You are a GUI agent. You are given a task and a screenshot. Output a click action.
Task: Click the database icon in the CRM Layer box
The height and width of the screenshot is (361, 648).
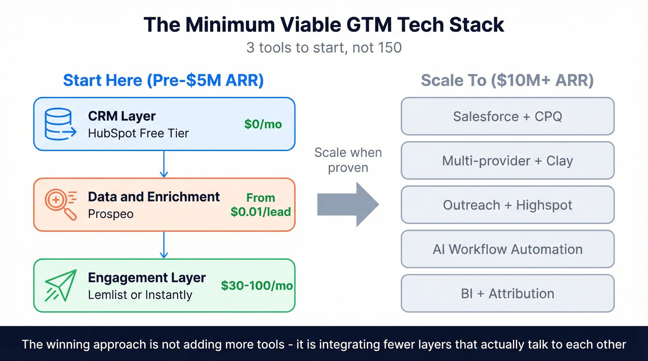tap(58, 123)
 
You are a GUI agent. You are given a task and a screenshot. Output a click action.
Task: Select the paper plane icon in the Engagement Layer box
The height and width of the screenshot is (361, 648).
tap(61, 285)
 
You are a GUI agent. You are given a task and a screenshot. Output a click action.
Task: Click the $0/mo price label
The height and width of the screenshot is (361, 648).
tap(263, 124)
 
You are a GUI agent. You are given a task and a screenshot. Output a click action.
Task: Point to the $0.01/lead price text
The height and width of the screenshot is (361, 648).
tap(261, 212)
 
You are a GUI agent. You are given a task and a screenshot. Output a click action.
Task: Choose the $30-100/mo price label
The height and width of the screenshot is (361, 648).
tap(257, 286)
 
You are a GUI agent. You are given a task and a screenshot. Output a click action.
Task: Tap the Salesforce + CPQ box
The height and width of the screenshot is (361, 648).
tap(507, 116)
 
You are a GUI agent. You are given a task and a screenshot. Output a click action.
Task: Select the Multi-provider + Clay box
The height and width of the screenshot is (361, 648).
tap(507, 160)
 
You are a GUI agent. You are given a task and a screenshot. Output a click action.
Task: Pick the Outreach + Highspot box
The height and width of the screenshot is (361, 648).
tap(507, 205)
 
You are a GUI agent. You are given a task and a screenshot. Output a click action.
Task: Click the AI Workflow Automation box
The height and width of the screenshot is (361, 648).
tap(507, 249)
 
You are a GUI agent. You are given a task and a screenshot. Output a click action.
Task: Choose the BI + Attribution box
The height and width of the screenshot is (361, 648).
tap(507, 294)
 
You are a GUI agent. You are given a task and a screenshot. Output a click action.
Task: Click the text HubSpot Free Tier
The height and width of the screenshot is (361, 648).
tap(138, 134)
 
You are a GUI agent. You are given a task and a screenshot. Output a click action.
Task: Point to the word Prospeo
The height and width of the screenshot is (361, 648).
tap(110, 214)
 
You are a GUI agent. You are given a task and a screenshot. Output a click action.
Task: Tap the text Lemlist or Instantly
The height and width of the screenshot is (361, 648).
tap(140, 294)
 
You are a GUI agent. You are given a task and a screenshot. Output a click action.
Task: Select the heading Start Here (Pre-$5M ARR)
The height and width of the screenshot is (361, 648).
tap(163, 80)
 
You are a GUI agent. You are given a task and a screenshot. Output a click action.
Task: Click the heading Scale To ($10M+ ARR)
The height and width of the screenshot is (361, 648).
tap(507, 80)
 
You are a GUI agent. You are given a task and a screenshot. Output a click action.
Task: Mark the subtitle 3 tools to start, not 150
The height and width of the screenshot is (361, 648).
tap(324, 47)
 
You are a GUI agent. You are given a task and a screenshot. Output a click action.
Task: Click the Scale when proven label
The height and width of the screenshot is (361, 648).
tap(348, 160)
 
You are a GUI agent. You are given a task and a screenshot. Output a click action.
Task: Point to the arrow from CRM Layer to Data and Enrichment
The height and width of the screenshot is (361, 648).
tap(163, 164)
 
